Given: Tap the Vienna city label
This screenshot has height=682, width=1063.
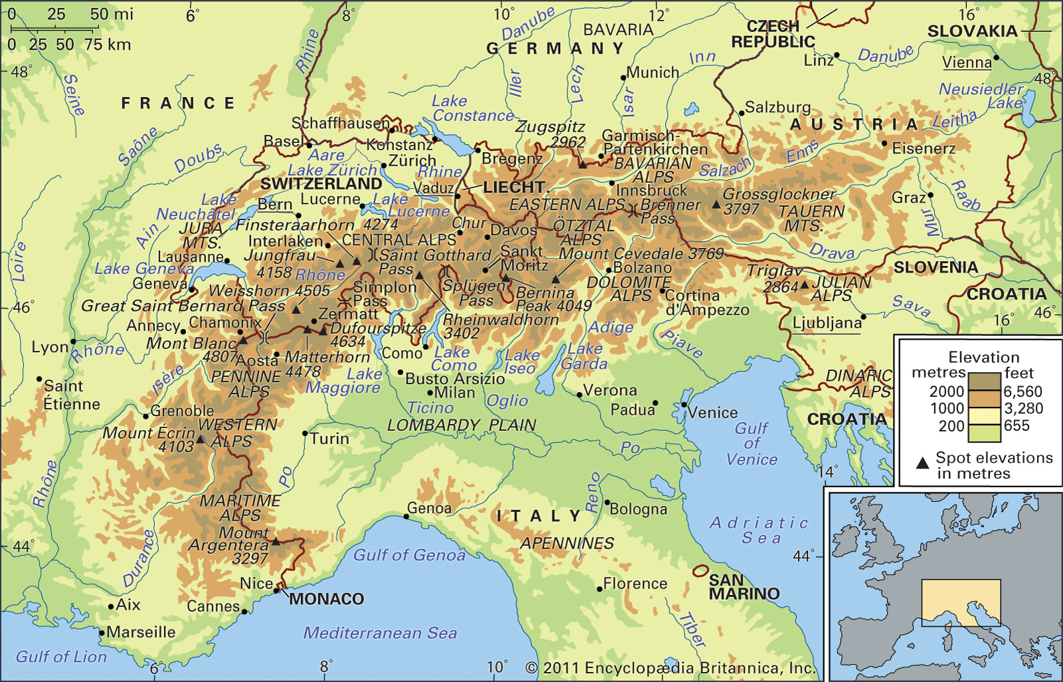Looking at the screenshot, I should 967,62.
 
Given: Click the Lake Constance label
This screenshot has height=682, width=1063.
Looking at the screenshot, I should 472,108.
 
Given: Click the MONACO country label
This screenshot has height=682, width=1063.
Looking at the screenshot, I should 326,599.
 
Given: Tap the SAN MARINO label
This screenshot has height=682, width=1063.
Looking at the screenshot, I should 743,587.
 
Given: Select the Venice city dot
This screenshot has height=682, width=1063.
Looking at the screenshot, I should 684,404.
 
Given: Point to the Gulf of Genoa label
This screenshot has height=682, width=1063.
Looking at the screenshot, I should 409,555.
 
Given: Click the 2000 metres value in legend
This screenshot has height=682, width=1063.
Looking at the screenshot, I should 946,391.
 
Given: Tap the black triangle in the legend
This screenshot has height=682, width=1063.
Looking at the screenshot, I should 922,463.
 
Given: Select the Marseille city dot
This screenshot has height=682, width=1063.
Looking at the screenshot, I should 102,632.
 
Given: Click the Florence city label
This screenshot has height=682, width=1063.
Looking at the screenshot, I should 634,584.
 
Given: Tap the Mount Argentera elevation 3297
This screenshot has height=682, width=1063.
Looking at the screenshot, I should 250,558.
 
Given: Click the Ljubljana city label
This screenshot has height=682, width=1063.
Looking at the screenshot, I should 826,323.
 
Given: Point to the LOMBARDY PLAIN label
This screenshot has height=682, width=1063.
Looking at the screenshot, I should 461,425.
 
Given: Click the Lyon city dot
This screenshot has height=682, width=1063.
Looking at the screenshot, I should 74,342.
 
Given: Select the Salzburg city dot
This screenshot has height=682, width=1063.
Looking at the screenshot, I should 741,113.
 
